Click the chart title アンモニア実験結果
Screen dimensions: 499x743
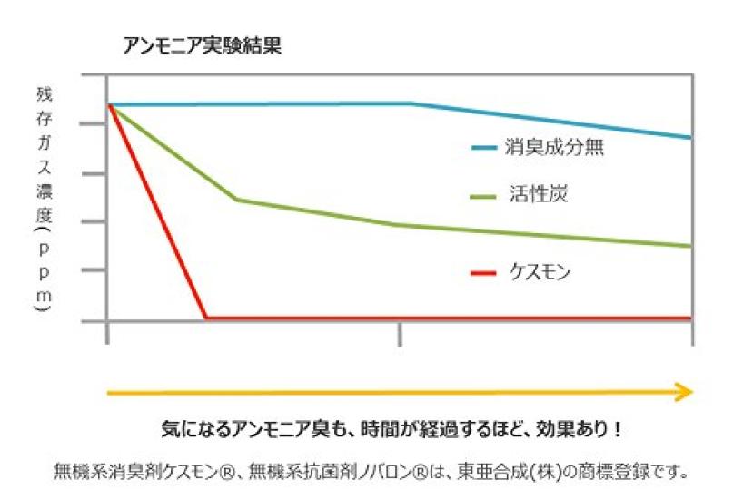[202, 45]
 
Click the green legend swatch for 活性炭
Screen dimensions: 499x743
[484, 196]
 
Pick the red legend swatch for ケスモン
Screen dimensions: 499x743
[484, 272]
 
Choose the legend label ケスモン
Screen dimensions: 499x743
[540, 271]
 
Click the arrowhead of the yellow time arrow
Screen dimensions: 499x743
[684, 391]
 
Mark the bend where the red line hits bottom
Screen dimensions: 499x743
[206, 318]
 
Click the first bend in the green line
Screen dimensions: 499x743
[237, 199]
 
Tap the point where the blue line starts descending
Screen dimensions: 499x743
[411, 103]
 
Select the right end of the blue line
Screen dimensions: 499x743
[690, 138]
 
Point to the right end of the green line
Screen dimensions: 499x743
[690, 246]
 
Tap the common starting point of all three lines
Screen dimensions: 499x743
[109, 104]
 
